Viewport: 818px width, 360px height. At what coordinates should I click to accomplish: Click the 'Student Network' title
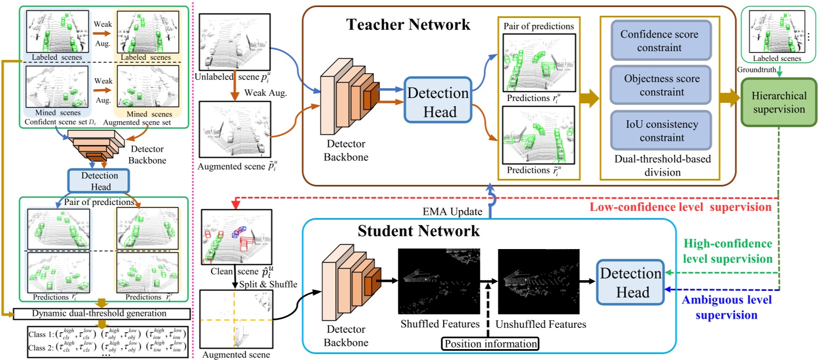[x=419, y=231]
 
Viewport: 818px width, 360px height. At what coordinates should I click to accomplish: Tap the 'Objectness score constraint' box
[x=653, y=85]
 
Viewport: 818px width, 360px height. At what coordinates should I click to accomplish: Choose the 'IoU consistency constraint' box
[x=653, y=131]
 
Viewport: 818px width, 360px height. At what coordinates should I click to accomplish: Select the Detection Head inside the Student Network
[x=630, y=283]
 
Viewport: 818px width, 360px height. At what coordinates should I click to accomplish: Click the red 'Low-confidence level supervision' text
[x=681, y=207]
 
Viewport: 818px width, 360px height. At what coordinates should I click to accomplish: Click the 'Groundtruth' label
[x=755, y=70]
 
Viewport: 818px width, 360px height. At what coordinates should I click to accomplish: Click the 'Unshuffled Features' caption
[x=541, y=324]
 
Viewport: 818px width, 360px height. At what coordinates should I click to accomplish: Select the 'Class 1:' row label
[x=42, y=334]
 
